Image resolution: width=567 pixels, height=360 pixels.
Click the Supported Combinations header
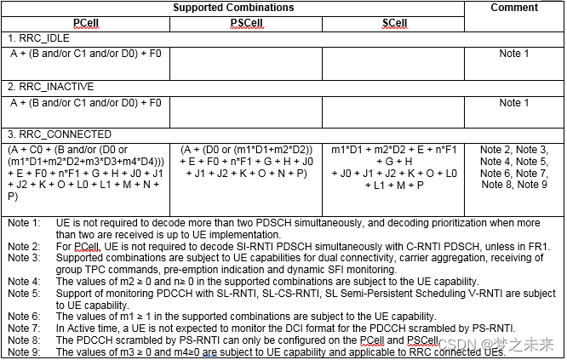[233, 8]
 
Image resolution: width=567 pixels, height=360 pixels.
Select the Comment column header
[514, 8]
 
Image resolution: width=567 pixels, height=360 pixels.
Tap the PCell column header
[86, 24]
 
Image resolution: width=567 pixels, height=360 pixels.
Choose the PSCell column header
[245, 24]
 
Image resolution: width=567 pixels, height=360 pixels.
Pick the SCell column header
[393, 24]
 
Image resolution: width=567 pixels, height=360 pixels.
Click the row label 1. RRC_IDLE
[39, 39]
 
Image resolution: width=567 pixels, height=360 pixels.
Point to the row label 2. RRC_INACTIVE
[50, 87]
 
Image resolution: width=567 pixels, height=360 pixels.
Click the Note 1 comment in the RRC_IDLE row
[514, 54]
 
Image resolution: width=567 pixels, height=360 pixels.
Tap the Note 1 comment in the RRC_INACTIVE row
[514, 103]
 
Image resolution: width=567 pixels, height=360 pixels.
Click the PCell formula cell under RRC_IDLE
[86, 54]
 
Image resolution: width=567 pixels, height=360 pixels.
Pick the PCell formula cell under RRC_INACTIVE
[86, 103]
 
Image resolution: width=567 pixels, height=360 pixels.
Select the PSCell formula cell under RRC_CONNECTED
[245, 173]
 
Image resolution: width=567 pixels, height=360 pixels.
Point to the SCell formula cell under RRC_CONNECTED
[393, 173]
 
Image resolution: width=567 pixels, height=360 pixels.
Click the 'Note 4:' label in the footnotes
[24, 281]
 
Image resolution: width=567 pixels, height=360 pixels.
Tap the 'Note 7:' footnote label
[24, 328]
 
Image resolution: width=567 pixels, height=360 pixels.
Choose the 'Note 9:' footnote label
[24, 351]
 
